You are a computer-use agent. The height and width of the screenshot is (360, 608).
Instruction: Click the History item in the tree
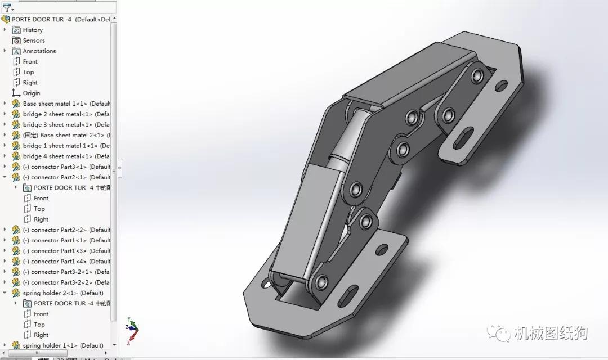[x=32, y=30]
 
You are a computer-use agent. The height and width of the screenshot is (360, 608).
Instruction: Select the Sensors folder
[x=33, y=40]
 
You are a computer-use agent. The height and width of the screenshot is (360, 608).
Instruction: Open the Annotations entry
[x=39, y=51]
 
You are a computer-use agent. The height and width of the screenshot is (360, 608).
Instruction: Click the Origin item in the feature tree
[x=31, y=93]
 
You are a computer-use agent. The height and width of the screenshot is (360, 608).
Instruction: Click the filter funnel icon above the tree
[x=7, y=8]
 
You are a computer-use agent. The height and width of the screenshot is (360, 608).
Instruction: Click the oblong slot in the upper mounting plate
[x=463, y=141]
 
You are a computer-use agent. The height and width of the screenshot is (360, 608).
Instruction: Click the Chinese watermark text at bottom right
[x=550, y=334]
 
